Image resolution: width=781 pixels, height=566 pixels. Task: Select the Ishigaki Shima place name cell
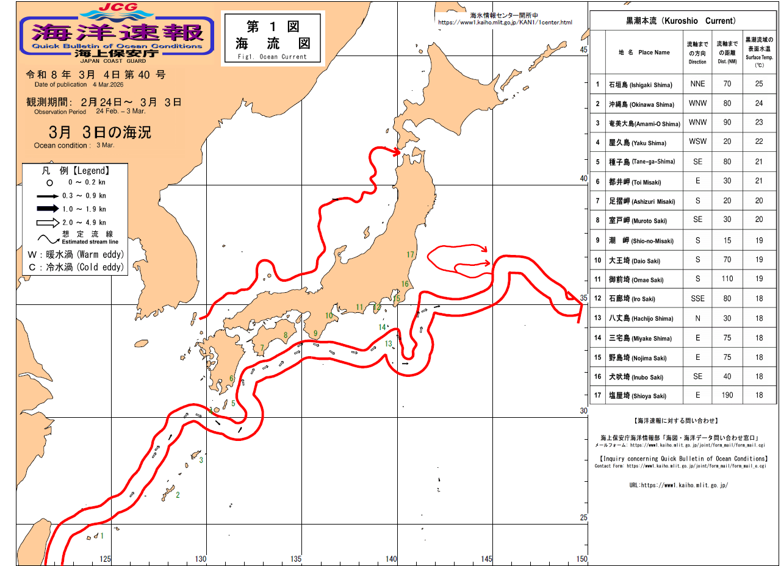coord(640,85)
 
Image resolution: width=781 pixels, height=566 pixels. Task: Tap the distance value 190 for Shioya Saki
coord(727,396)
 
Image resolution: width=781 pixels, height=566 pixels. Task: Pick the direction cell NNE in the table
coord(697,84)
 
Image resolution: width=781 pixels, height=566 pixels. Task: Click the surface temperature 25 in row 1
coord(759,84)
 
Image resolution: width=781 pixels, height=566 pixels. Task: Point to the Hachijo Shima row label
coord(640,318)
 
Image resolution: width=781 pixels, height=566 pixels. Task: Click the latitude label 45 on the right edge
coord(583,50)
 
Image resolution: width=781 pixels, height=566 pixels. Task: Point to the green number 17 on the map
coord(410,254)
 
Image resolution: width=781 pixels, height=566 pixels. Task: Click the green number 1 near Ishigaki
coord(102,536)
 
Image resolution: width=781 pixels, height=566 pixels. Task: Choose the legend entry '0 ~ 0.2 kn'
coord(85,182)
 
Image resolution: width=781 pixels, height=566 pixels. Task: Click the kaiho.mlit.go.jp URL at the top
coord(505,23)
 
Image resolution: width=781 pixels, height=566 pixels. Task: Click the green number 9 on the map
coord(315,334)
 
